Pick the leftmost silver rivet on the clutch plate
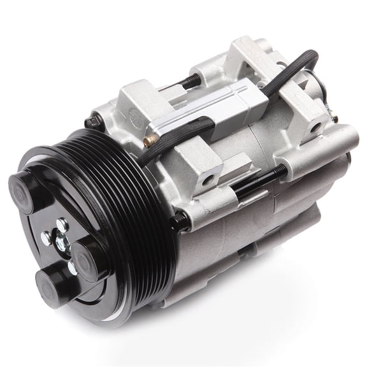45,237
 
